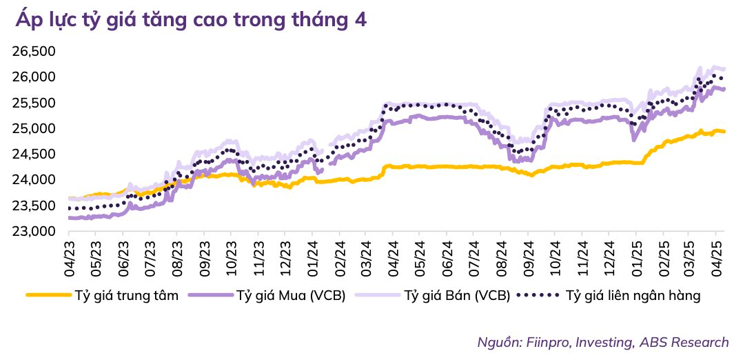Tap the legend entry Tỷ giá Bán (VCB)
pos(456,296)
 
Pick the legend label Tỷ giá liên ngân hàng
pos(633,296)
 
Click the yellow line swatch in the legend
pos(48,296)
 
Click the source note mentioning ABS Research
pos(602,342)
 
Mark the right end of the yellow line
pos(724,131)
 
